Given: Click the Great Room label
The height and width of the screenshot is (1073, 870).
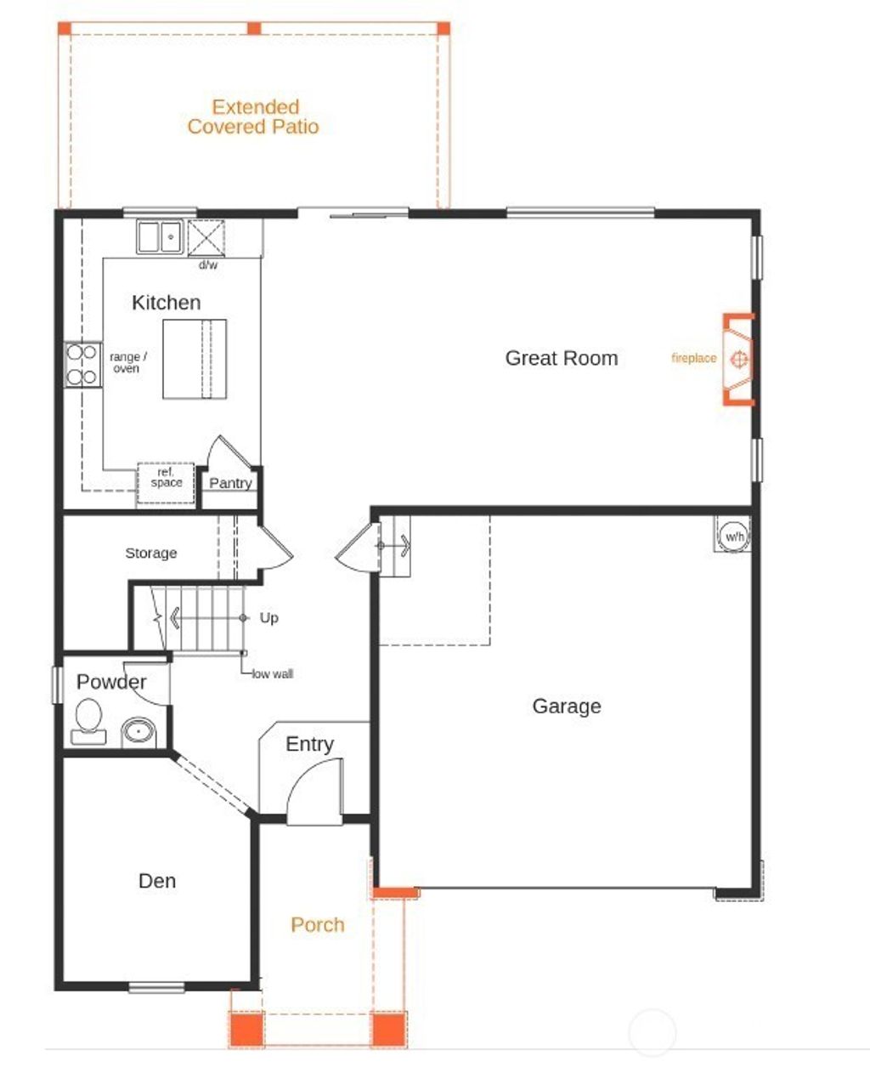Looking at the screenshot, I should click(561, 358).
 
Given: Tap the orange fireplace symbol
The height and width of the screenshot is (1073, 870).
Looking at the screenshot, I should click(739, 360).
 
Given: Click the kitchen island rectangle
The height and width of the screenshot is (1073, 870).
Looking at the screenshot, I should click(195, 359).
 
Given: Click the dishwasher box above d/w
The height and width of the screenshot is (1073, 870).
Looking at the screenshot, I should click(206, 236).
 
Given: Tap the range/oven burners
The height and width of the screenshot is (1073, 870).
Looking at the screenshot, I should click(83, 364).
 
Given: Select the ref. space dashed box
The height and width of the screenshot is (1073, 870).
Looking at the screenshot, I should click(167, 482).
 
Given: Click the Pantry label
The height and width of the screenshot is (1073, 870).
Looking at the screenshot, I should click(230, 483).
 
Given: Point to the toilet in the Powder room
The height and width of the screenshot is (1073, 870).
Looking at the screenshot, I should click(88, 718).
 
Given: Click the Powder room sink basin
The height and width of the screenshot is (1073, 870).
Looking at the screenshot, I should click(138, 730).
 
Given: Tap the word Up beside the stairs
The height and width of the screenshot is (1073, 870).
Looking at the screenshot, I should click(268, 617).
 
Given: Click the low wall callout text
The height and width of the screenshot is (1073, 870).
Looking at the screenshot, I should click(273, 673).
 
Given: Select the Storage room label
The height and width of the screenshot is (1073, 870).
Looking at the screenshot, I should click(151, 553).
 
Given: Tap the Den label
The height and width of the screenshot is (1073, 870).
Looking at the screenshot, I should click(157, 880).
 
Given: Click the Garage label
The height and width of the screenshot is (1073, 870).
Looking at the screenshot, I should click(567, 706).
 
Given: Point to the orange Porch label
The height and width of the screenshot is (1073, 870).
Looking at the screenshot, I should click(318, 924).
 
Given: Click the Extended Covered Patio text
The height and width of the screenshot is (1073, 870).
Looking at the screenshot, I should click(253, 116).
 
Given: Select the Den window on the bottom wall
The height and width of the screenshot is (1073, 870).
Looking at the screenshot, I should click(156, 987).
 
